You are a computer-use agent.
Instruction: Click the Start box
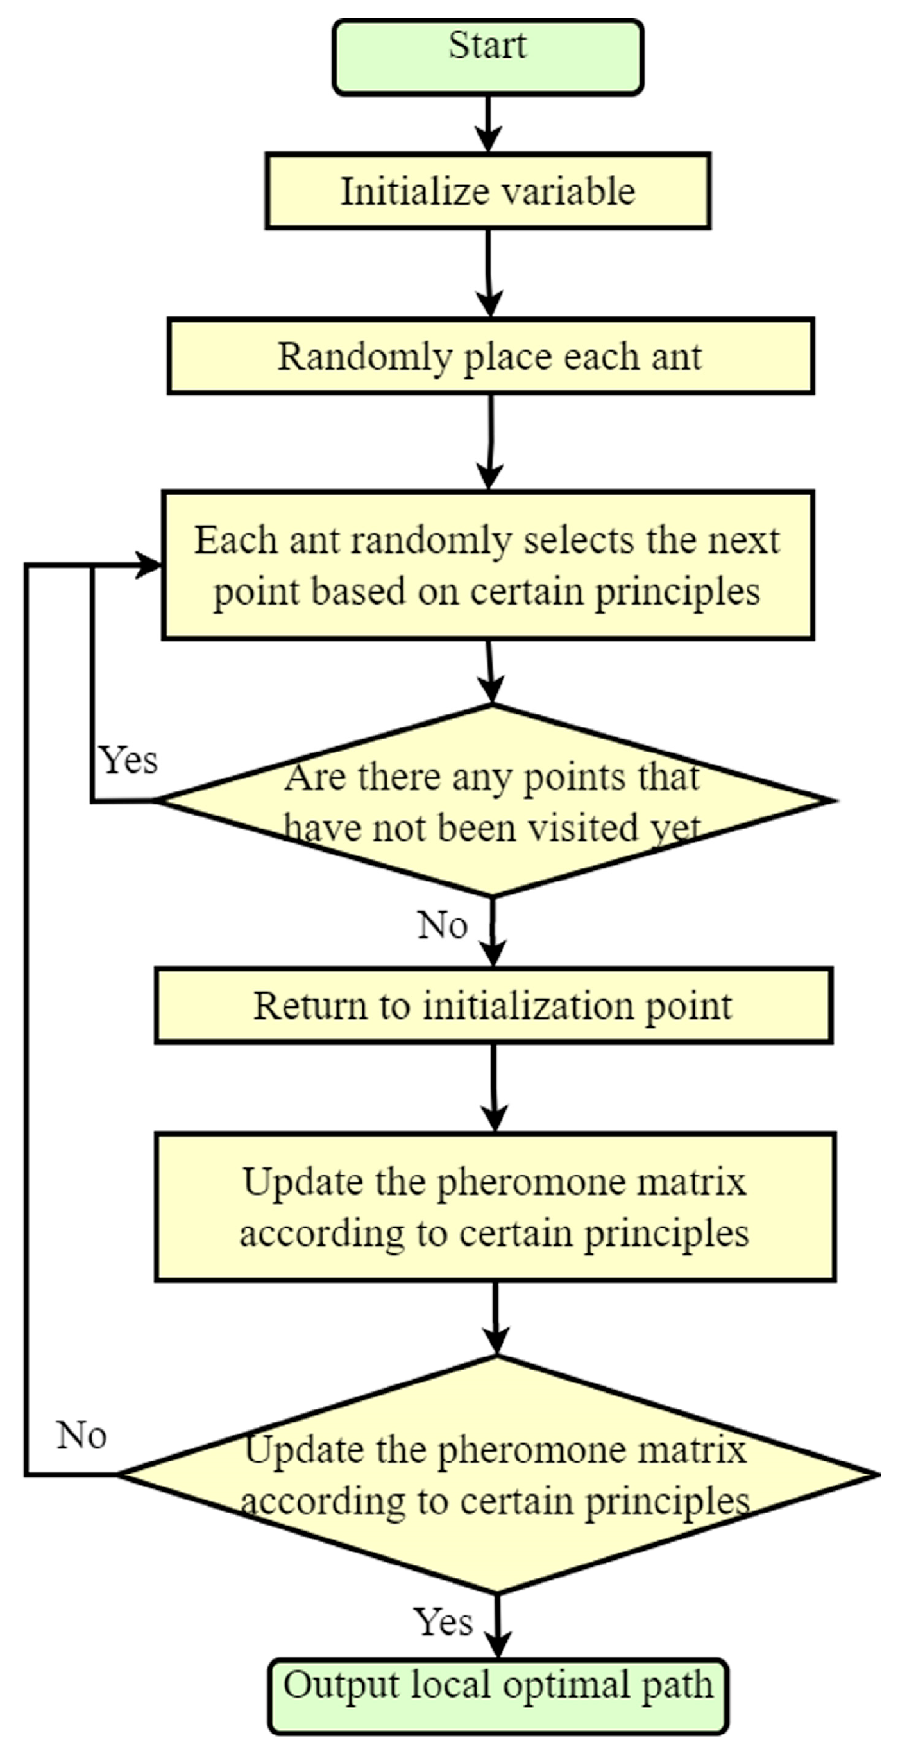coord(487,57)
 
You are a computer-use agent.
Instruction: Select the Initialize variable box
coord(487,191)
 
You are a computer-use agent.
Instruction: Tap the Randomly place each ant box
coord(490,356)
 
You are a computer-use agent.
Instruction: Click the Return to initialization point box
coord(493,1005)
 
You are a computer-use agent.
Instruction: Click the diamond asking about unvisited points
coord(493,800)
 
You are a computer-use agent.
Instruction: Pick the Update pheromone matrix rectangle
coord(494,1207)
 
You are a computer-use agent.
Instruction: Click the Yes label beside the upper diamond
coord(128,760)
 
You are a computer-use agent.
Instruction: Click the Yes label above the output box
coord(443,1623)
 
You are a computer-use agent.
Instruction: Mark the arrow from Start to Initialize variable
coord(488,123)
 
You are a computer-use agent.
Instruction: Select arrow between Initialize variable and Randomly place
coord(489,273)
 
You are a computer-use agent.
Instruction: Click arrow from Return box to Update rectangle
coord(494,1087)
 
